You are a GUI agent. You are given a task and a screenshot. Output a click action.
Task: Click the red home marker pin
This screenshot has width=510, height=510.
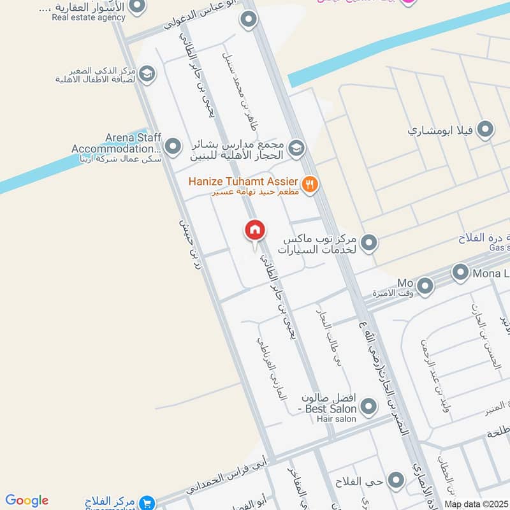click(255, 231)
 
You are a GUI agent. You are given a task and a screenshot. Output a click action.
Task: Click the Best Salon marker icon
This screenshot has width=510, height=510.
click(368, 406)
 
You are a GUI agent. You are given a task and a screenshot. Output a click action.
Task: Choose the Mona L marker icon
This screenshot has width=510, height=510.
click(460, 273)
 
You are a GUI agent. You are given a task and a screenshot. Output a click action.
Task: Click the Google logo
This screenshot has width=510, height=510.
click(27, 500)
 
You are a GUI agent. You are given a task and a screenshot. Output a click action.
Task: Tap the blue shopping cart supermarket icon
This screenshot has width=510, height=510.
click(147, 502)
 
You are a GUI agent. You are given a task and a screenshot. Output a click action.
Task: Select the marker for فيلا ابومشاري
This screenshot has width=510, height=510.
click(486, 130)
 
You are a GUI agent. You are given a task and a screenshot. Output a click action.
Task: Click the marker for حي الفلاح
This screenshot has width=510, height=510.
click(397, 480)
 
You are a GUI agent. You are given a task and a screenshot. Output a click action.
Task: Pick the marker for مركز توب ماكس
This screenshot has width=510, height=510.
click(368, 242)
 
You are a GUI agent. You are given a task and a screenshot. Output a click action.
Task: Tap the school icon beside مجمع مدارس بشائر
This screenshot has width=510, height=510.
click(296, 149)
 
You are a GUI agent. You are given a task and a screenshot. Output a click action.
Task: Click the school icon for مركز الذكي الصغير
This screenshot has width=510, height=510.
click(147, 74)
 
